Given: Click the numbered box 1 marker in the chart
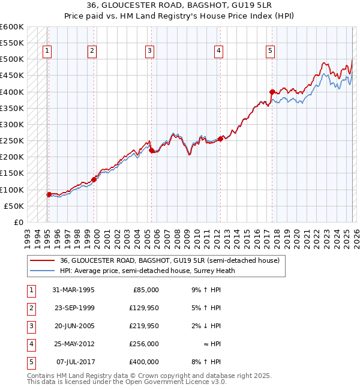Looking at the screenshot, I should click(47, 52).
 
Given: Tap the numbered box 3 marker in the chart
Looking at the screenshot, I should click(149, 52).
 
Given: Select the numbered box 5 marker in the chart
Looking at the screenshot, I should click(271, 52).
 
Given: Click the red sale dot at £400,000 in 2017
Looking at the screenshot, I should click(272, 92).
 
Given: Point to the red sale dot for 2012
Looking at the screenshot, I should click(220, 139).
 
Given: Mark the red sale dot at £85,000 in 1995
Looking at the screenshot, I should click(49, 194).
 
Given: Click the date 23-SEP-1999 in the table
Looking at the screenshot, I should click(73, 307).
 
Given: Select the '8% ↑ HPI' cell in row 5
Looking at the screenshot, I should click(206, 361).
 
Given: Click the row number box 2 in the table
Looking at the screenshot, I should click(30, 307).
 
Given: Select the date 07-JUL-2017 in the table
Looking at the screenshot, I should click(74, 361).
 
